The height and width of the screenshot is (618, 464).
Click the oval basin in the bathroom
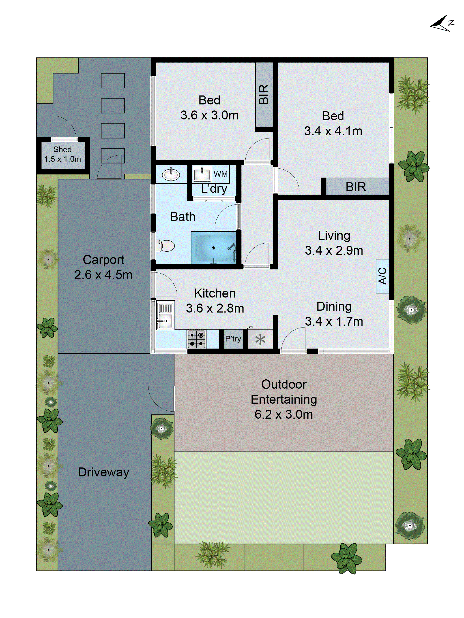click(171, 175)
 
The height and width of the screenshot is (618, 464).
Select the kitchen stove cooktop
click(196, 339)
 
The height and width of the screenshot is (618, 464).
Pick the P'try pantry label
click(233, 339)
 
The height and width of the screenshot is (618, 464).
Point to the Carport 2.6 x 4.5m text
click(103, 267)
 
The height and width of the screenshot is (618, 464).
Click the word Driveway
click(103, 472)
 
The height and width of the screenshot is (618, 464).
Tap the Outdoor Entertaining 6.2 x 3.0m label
click(284, 399)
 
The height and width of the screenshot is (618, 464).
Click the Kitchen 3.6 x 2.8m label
click(215, 301)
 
